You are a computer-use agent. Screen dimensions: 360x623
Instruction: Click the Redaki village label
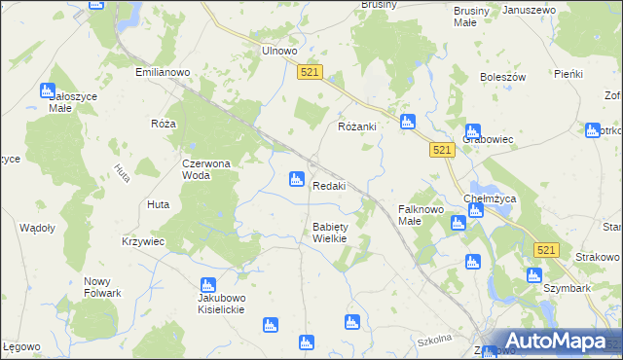coord(328,186)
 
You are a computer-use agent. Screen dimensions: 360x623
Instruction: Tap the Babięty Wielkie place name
coord(329,233)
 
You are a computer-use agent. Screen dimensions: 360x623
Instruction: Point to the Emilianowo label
coord(162,73)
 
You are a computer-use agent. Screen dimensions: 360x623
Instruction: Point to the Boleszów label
coord(502,77)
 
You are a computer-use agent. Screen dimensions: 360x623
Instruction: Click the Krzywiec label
coord(143,240)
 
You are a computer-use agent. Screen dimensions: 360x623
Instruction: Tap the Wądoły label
coord(37,227)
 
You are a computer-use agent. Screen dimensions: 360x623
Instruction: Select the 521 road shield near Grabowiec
coord(442,149)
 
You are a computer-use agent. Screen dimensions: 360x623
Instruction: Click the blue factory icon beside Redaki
coord(295,179)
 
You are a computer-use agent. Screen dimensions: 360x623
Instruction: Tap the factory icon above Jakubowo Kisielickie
coord(206,285)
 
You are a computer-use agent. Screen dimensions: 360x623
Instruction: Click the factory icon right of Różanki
coord(408,122)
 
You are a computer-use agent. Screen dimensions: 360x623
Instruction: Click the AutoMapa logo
coord(549,341)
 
